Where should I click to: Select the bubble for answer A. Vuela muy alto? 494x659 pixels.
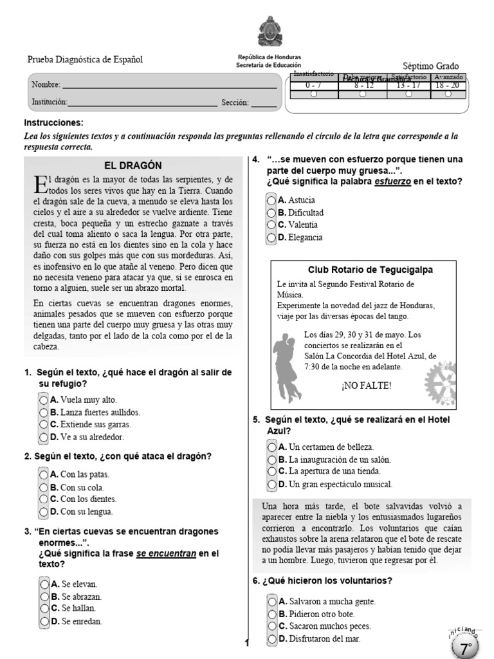click(x=44, y=400)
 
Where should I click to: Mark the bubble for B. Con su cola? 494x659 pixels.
click(x=44, y=487)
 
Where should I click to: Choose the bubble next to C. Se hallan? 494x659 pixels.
click(x=44, y=608)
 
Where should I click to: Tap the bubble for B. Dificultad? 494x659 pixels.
click(x=271, y=212)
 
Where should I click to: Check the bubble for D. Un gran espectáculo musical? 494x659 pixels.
click(x=273, y=484)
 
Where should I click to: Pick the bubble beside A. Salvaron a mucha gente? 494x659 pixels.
click(x=273, y=601)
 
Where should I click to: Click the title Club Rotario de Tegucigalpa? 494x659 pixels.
click(x=361, y=269)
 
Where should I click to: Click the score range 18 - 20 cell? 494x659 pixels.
click(x=448, y=84)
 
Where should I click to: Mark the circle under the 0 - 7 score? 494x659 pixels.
click(x=313, y=93)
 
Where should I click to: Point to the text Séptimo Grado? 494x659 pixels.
click(x=430, y=66)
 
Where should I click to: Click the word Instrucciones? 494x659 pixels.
click(x=53, y=122)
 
